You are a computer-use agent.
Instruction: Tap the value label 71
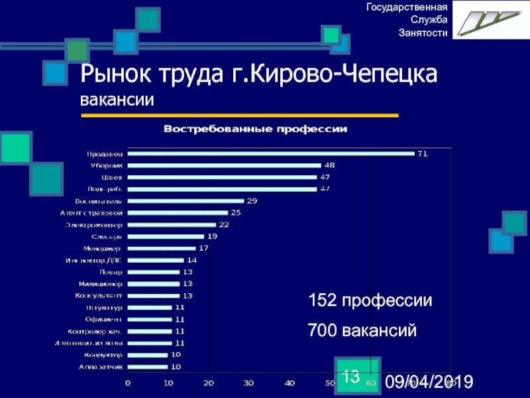[x=422, y=154]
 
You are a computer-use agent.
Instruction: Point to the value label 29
[x=252, y=200]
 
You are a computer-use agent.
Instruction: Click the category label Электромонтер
[x=93, y=224]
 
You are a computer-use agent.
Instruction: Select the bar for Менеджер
[x=162, y=248]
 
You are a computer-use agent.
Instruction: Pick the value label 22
[x=224, y=224]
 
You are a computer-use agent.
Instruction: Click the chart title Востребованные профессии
[x=256, y=129]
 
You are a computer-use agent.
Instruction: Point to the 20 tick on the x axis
[x=209, y=383]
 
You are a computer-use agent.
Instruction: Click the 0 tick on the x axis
[x=128, y=383]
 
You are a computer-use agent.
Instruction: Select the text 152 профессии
[x=370, y=300]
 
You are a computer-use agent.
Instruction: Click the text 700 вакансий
[x=362, y=329]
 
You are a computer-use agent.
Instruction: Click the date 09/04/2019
[x=429, y=381]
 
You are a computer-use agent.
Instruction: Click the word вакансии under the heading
[x=117, y=100]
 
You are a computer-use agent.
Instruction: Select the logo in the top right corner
[x=491, y=21]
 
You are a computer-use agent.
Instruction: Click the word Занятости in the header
[x=423, y=33]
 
